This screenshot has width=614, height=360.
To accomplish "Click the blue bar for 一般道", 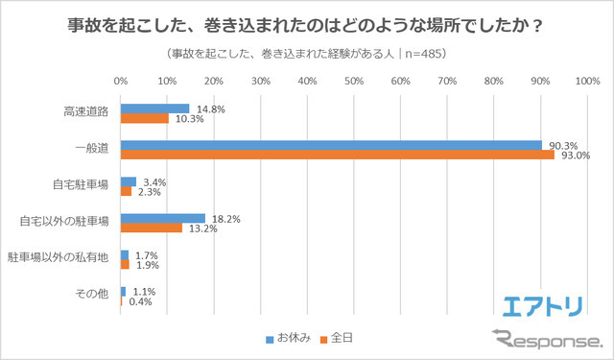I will click(331, 145).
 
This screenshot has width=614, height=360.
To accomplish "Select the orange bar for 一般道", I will click(337, 155).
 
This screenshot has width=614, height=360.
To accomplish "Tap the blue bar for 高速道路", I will click(155, 108).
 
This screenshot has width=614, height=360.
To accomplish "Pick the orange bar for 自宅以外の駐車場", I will click(152, 228).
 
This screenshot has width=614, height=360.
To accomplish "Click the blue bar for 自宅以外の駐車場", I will click(163, 218).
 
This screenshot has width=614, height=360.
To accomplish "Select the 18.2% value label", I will click(224, 218).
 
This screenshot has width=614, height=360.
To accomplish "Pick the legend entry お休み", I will click(288, 338).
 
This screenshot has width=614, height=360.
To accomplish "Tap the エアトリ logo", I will click(543, 306).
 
